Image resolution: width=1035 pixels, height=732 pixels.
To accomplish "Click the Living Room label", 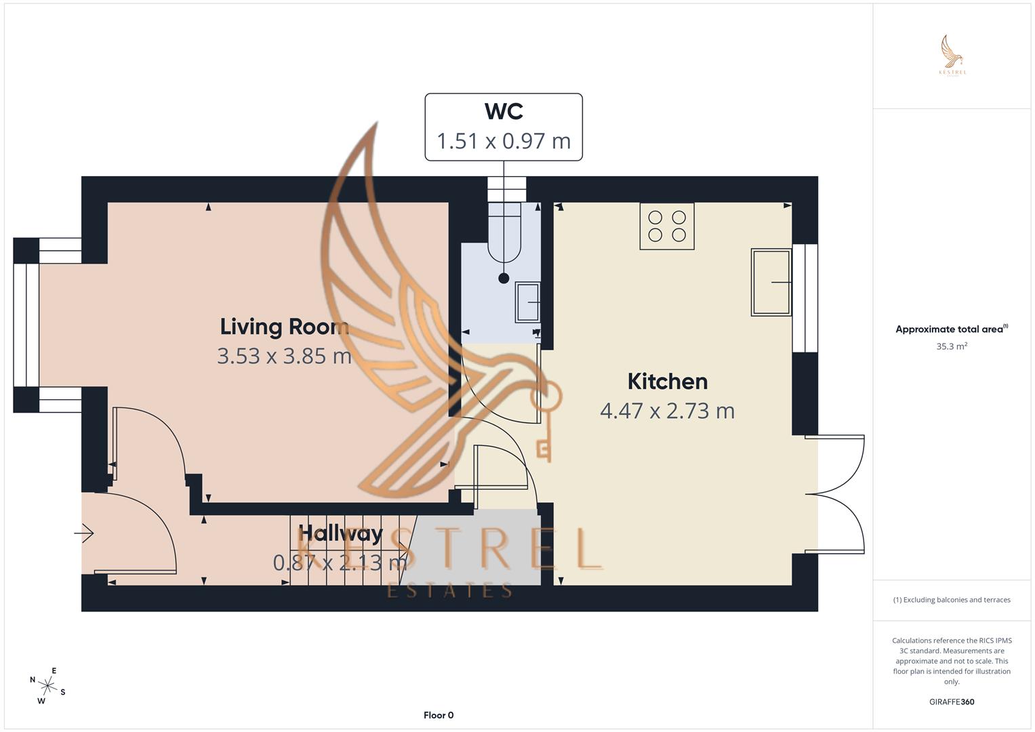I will tap(284, 327).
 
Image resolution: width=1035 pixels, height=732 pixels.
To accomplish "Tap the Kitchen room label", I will tap(667, 382).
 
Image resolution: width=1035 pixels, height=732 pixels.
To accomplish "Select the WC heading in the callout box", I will tap(504, 111).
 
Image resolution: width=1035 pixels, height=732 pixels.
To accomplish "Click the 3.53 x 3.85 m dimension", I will tap(284, 356).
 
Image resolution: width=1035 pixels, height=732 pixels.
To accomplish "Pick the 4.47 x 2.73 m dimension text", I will tap(667, 411).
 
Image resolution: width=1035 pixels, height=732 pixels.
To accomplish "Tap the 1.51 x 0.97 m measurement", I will tap(504, 141).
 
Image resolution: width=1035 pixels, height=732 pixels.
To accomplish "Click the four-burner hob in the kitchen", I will tap(667, 226).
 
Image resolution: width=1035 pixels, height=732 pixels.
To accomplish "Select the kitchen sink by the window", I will tap(771, 282).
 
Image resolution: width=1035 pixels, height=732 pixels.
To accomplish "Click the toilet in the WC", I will tap(504, 234).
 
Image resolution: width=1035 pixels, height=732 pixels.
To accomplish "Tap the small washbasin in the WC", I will tap(527, 302).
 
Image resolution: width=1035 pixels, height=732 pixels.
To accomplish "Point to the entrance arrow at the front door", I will tap(84, 534).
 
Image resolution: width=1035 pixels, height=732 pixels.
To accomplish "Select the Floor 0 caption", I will tap(439, 715).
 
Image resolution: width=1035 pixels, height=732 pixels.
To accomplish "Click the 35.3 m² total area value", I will tap(952, 346).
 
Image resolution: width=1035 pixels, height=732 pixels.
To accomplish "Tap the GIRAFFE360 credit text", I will tap(952, 702).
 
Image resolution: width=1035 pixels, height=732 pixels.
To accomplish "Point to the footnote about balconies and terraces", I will tap(952, 600).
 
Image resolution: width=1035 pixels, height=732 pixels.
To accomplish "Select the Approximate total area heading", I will tap(950, 329).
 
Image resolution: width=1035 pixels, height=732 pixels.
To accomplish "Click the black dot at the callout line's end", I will tap(504, 278).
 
